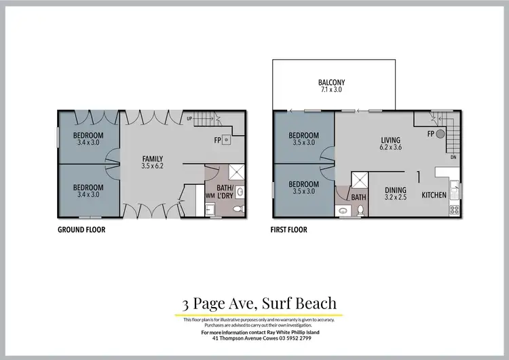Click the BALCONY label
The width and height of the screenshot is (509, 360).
(x=331, y=83)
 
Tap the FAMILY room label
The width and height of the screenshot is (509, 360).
(x=153, y=158)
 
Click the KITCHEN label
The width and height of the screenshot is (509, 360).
(x=434, y=195)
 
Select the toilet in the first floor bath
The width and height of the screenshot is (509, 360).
(x=360, y=211)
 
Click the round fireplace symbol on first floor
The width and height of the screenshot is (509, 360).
(x=440, y=134)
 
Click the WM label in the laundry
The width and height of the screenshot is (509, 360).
(x=210, y=196)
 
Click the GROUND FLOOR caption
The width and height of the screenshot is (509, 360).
(x=81, y=230)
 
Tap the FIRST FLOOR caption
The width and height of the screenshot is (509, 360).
(x=288, y=230)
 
